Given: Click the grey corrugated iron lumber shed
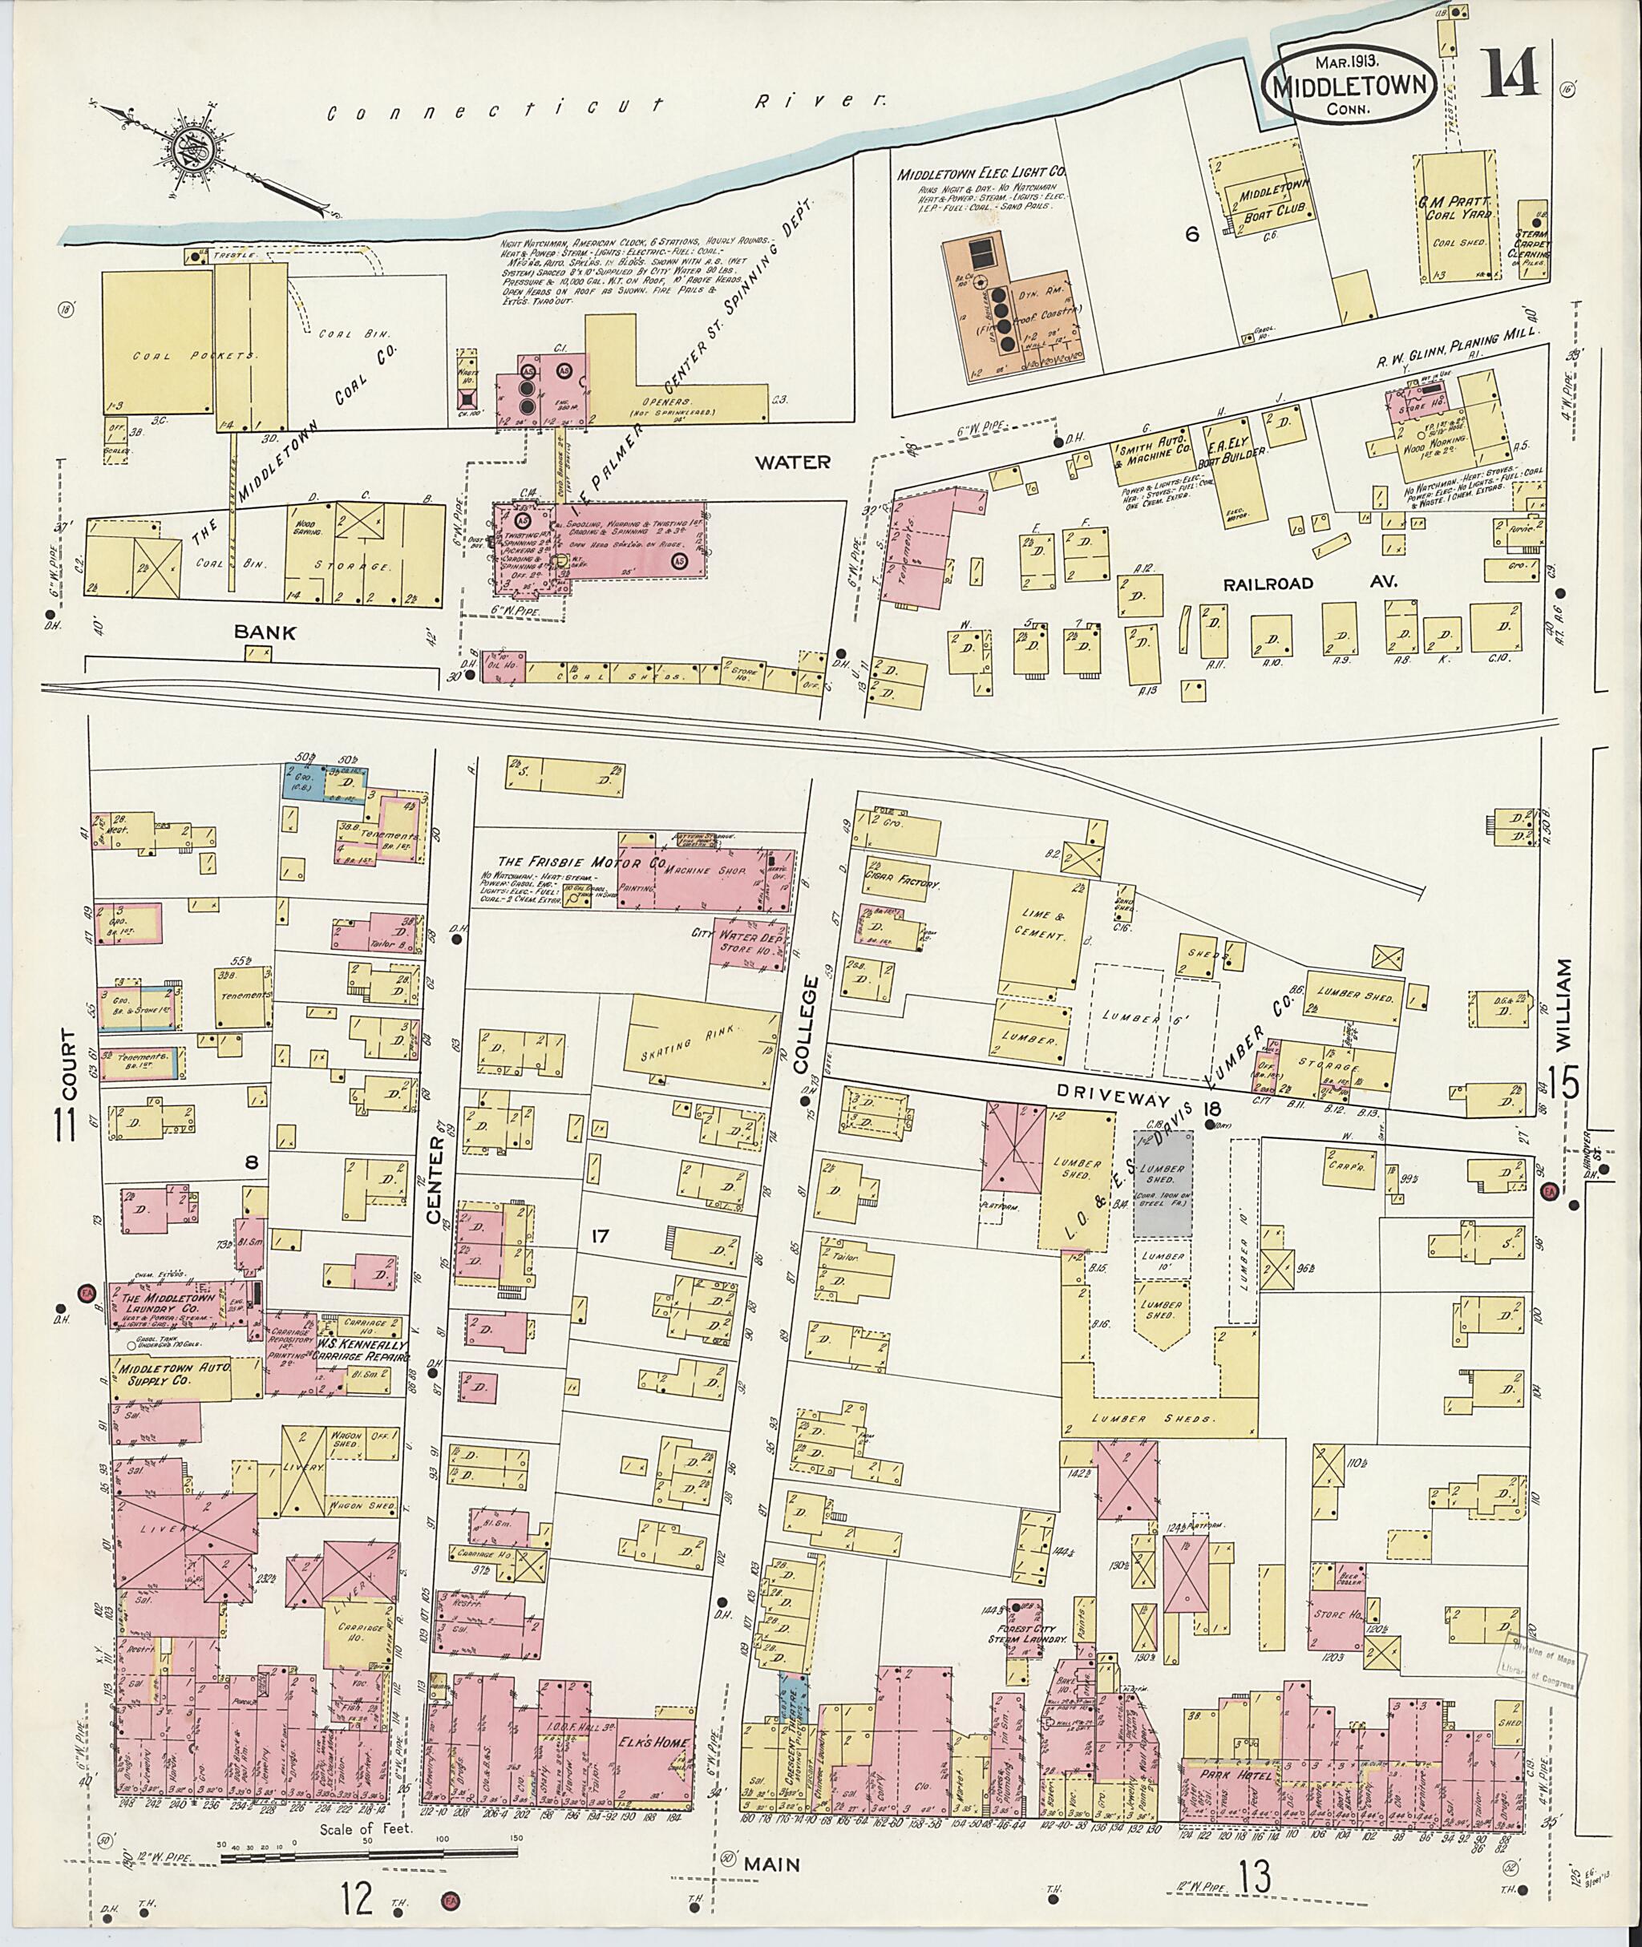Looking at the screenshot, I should pyautogui.click(x=1163, y=1184).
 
